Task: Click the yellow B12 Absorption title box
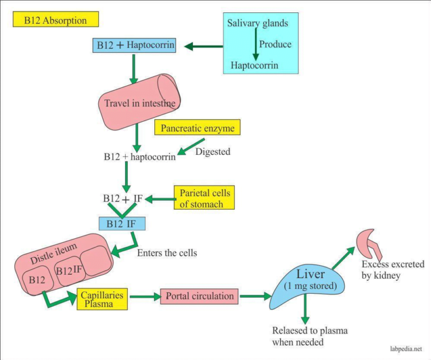tap(55, 20)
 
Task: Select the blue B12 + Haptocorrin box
tap(134, 45)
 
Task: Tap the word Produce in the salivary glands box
tap(276, 44)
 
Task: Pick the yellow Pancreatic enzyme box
tap(198, 128)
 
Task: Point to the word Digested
tap(213, 151)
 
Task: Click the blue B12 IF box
tap(122, 224)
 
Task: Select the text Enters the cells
tap(167, 253)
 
